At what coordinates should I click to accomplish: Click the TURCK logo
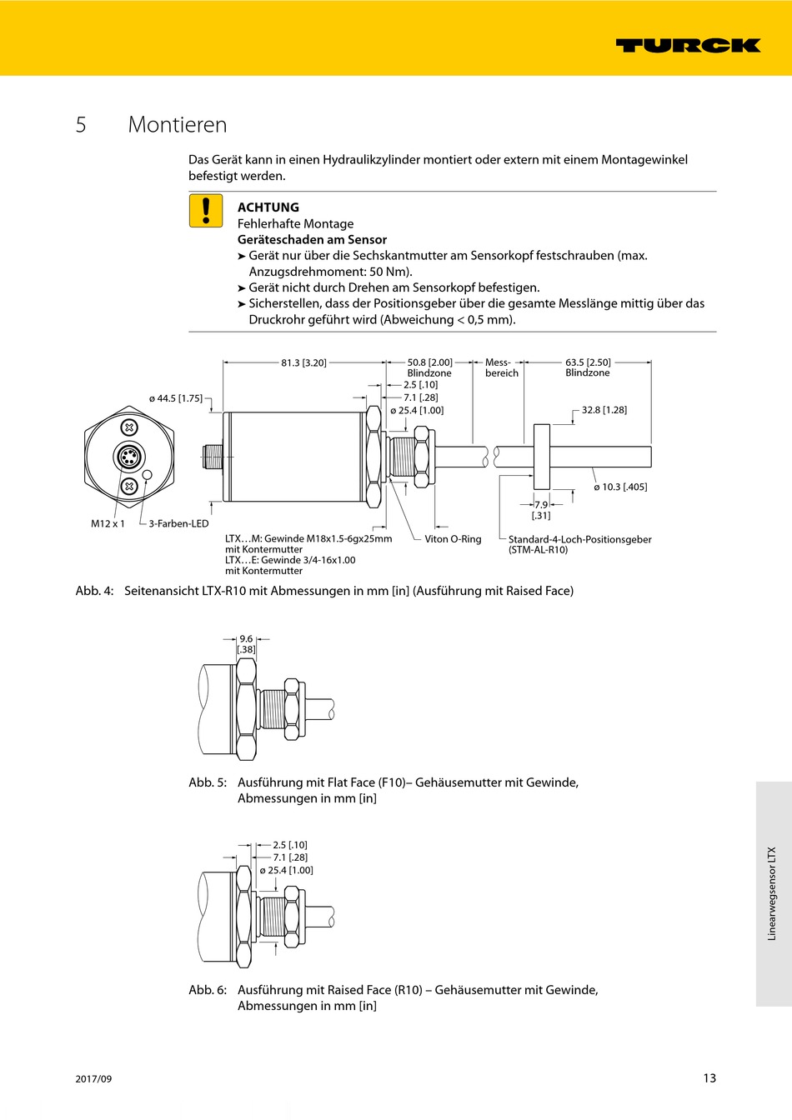click(x=688, y=45)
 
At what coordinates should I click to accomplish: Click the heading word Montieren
click(x=178, y=125)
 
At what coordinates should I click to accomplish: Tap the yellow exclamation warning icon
click(x=206, y=211)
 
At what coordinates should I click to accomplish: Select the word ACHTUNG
click(x=268, y=207)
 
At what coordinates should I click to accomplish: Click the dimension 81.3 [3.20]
click(x=303, y=362)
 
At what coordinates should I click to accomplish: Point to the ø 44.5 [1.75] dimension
click(x=175, y=398)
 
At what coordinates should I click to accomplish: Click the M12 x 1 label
click(x=108, y=523)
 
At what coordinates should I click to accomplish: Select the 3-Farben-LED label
click(x=178, y=523)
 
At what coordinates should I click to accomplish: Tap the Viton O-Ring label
click(x=453, y=539)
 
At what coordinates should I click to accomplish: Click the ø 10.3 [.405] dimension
click(x=620, y=487)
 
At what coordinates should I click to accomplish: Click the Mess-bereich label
click(x=501, y=367)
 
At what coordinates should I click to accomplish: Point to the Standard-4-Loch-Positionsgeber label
click(x=579, y=539)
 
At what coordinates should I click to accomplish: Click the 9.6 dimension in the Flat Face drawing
click(x=246, y=639)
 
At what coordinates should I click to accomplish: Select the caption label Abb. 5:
click(x=208, y=782)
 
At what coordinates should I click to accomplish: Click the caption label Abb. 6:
click(x=208, y=990)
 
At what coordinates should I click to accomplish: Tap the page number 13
click(x=709, y=1077)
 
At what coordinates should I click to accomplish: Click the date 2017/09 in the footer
click(x=93, y=1078)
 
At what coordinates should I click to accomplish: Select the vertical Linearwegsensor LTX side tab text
click(x=772, y=893)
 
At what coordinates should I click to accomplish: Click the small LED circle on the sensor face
click(x=148, y=475)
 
